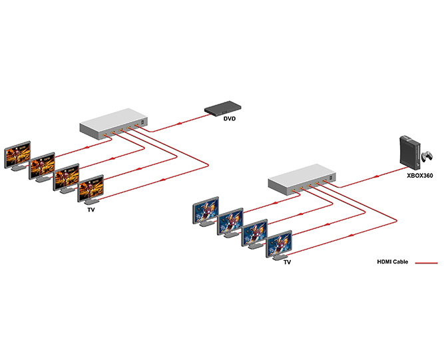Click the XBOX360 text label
[420, 178]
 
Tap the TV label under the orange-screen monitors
[91, 210]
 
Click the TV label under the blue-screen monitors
[287, 262]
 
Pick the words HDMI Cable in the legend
[393, 262]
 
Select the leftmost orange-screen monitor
[17, 154]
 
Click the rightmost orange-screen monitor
[91, 188]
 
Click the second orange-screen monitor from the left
[41, 165]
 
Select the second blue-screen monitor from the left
[230, 221]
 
